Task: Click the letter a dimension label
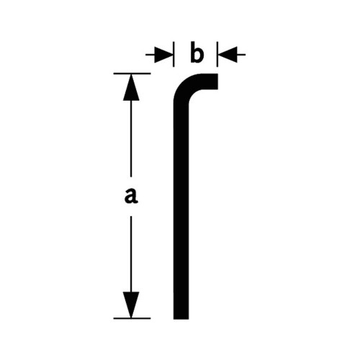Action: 131,196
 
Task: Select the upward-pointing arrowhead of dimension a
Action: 131,87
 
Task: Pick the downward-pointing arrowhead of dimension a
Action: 131,305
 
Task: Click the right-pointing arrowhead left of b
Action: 163,55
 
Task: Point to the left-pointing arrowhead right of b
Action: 228,55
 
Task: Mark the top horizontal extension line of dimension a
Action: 132,73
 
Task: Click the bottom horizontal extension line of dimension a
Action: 132,318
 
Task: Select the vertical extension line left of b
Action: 174,54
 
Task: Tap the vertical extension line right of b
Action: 217,54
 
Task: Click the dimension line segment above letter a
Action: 131,138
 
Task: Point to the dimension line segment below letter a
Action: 131,254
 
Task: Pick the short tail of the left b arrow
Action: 150,55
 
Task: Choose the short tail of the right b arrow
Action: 241,55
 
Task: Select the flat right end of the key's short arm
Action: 217,81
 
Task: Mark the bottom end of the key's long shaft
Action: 181,319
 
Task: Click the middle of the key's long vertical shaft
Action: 181,209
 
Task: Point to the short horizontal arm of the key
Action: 207,81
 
